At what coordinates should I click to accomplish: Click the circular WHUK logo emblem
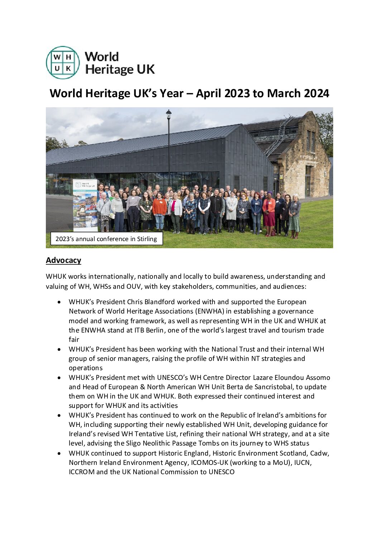coord(63,62)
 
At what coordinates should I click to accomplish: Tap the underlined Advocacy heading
coord(63,260)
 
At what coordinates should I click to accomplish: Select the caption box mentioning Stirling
coord(106,239)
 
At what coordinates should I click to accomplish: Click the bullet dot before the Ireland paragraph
coord(59,415)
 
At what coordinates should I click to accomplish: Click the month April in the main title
coord(209,93)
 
